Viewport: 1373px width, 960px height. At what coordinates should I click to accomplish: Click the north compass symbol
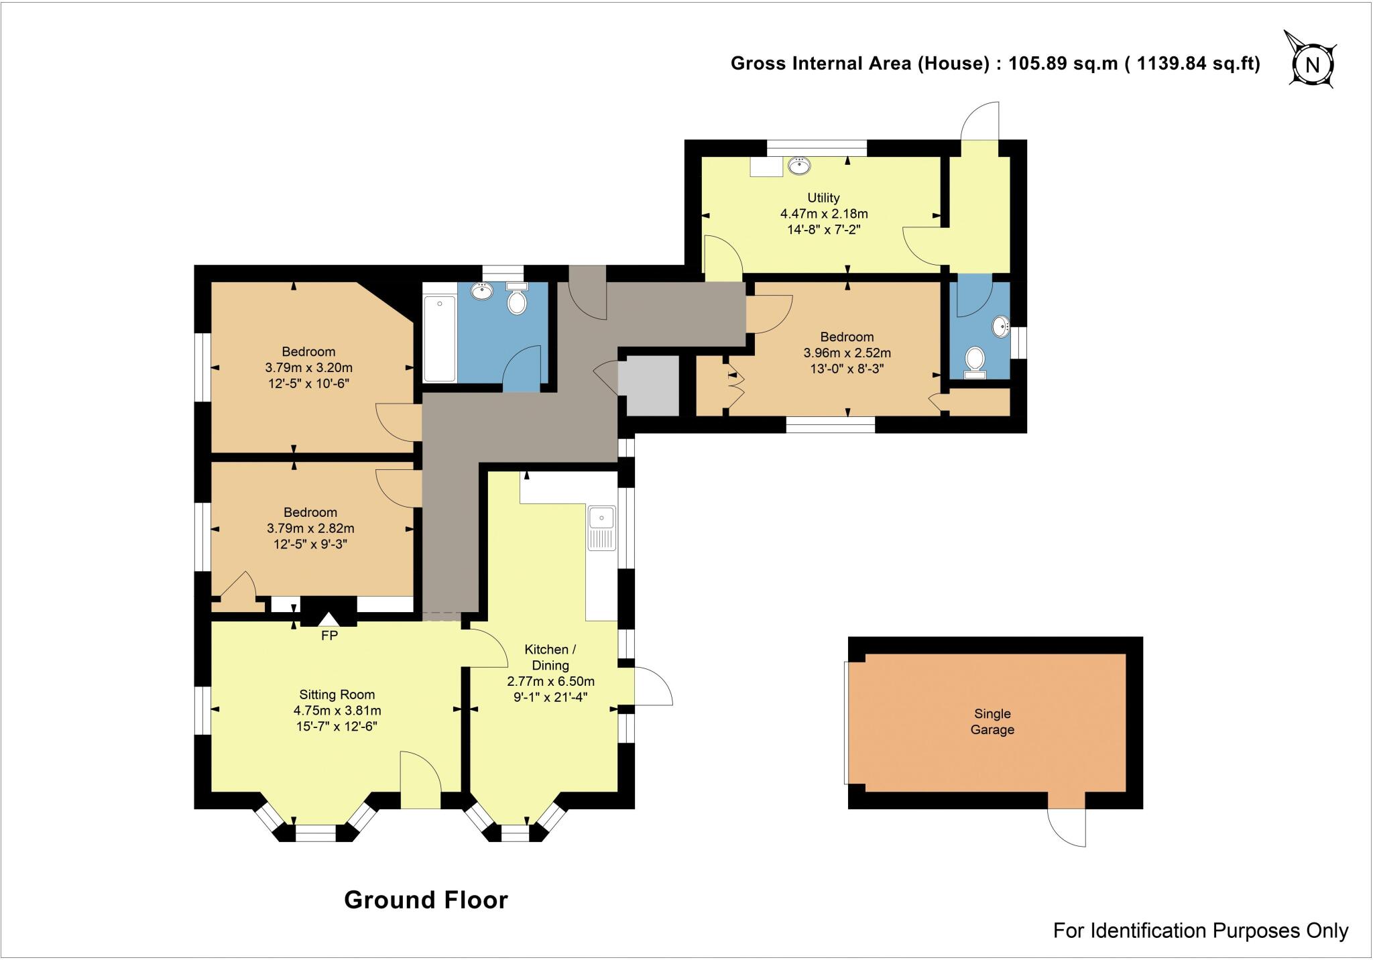pos(1312,65)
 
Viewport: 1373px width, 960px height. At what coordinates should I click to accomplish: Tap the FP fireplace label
pos(329,636)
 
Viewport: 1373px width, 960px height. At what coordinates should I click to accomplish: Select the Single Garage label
pos(992,721)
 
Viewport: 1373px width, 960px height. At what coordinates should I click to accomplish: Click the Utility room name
pos(823,198)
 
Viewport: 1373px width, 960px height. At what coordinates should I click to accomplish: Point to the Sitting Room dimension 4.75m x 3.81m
pos(337,711)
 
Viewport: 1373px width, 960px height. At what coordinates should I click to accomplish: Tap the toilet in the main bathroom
pos(517,300)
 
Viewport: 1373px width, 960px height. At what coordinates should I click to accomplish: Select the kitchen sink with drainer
pos(601,528)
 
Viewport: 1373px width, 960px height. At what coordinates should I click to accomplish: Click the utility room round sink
pos(798,165)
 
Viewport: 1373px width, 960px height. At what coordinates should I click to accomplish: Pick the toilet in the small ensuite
pos(974,362)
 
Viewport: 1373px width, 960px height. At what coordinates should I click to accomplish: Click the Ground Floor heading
pos(426,899)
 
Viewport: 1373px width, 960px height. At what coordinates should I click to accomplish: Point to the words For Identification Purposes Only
pos(1200,931)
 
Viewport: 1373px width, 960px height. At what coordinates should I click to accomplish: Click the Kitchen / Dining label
pos(550,657)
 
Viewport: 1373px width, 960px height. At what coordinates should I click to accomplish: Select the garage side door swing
pos(1066,826)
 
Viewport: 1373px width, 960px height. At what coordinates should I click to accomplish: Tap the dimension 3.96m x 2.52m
pos(847,353)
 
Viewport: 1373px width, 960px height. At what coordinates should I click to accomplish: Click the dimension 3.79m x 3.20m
pos(308,367)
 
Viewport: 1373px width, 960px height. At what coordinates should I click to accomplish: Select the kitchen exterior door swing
pos(652,686)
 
